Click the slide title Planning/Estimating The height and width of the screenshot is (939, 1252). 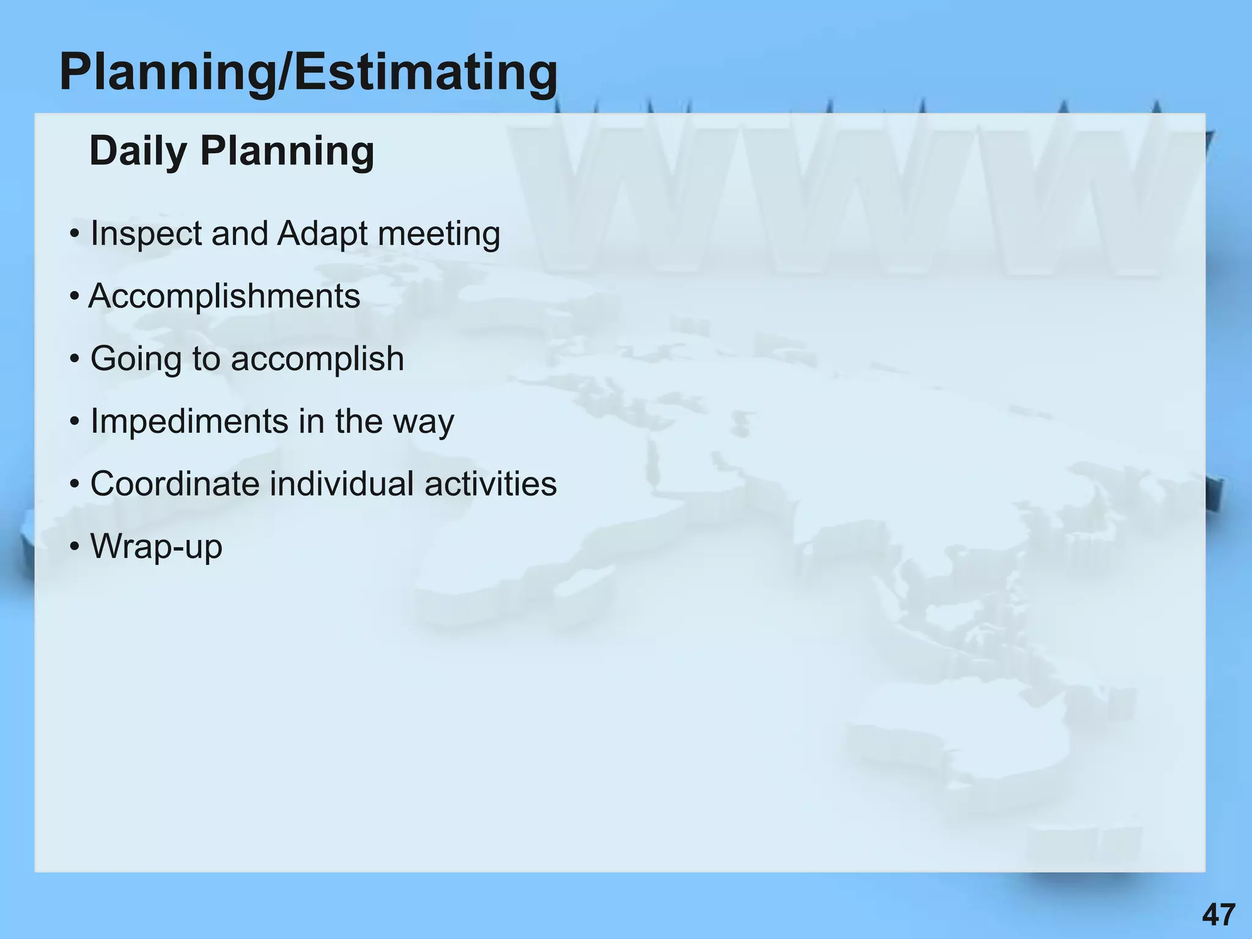coord(308,72)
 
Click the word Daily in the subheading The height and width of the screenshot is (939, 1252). coord(138,151)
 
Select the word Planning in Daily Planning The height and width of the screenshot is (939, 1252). coord(287,152)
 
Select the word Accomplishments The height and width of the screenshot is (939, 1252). coord(224,296)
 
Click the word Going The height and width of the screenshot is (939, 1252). coord(135,359)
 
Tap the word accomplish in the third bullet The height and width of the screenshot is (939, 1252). coord(317,359)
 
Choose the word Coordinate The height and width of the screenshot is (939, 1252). coord(175,484)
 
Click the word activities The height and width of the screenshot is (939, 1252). coord(490,484)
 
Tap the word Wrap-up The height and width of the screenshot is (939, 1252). coord(156,547)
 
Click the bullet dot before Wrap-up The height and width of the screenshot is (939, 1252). coord(75,545)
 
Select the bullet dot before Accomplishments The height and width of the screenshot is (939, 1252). coord(75,296)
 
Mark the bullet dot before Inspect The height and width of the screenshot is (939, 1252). coord(75,234)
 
